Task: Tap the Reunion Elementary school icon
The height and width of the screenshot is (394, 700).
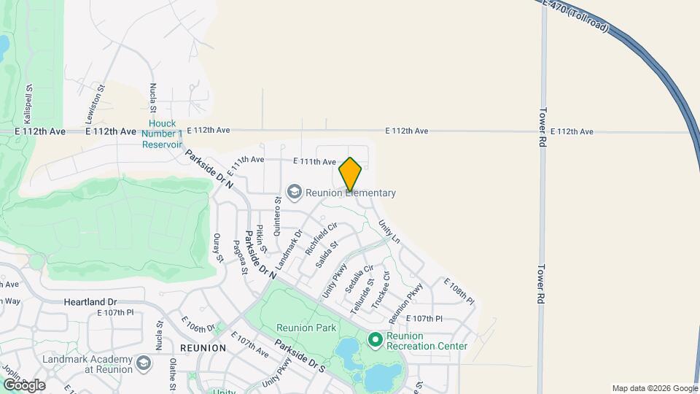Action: pos(295,193)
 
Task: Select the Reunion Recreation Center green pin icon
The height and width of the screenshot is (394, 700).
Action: pos(376,340)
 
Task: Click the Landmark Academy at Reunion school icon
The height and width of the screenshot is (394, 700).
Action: pos(144,363)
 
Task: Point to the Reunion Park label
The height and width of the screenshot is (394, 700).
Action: pos(306,328)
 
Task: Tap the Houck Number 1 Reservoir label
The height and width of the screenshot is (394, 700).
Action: pos(162,134)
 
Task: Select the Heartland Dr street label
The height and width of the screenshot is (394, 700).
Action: pos(90,301)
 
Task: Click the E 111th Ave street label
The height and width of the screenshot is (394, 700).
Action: pos(314,161)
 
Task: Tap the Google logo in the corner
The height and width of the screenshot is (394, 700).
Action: pos(23,385)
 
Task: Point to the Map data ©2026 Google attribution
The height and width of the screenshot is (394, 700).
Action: pos(654,388)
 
